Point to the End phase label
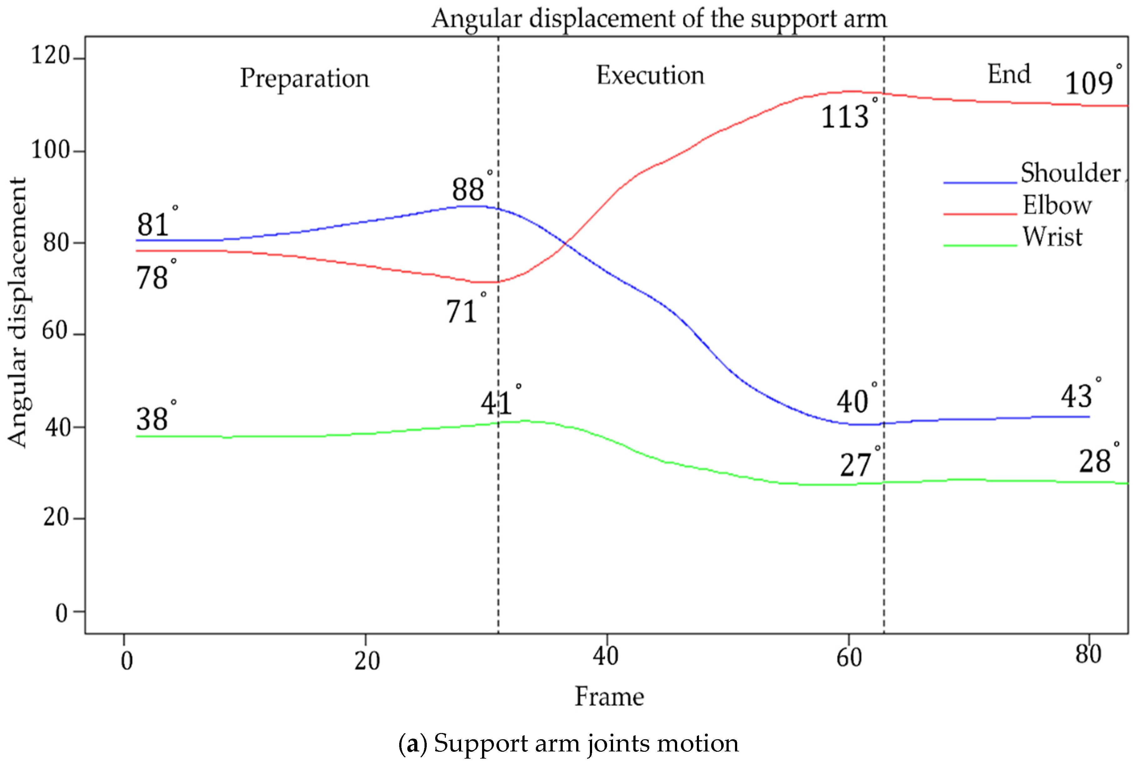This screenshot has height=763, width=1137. point(1009,74)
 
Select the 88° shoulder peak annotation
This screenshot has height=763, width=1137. point(470,188)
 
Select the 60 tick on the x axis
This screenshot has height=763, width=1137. point(849,658)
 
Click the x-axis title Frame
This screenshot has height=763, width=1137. point(609,697)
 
